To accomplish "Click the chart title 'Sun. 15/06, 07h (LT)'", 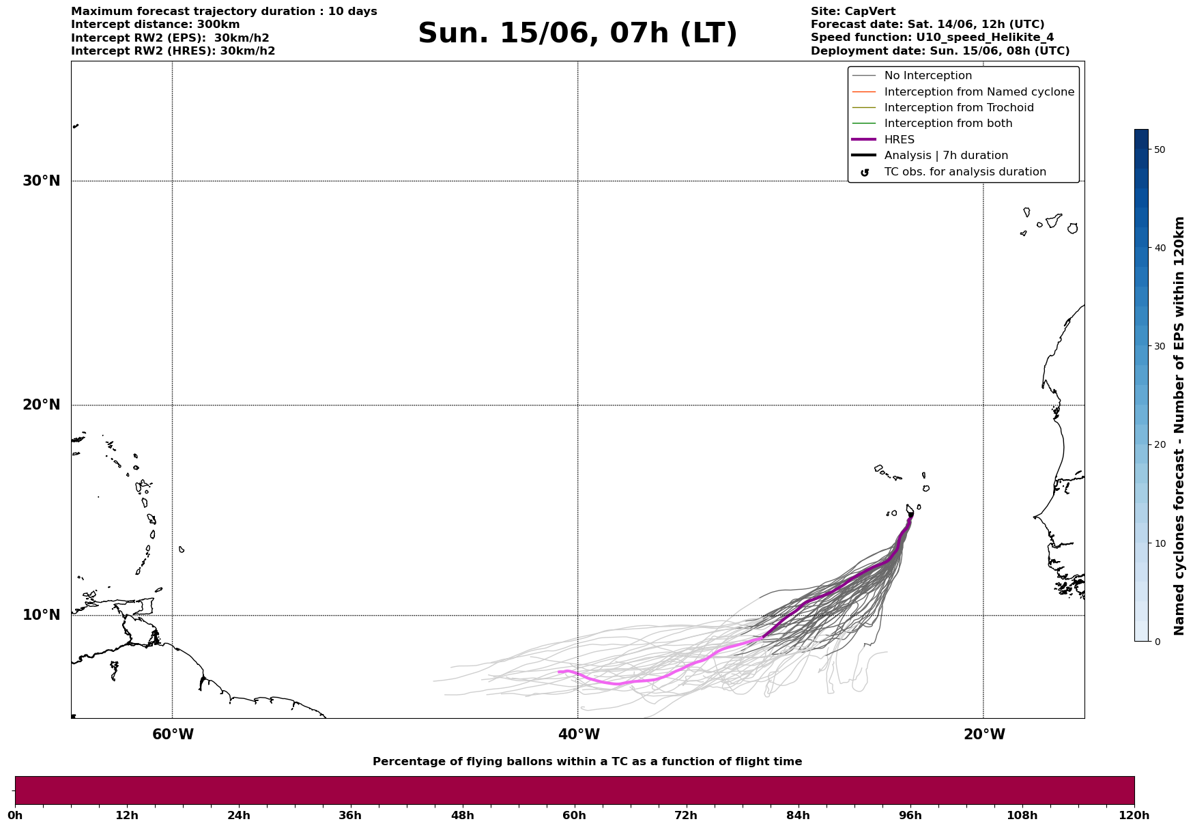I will tap(577, 33).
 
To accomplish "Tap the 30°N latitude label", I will tap(41, 181).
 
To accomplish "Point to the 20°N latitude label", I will tap(41, 405).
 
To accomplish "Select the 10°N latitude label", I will tap(41, 615).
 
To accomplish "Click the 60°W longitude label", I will tap(173, 734).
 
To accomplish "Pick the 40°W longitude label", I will tap(579, 734).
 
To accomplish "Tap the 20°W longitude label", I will tap(984, 734).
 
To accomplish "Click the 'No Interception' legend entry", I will tap(928, 76).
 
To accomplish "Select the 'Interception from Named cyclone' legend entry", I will tap(979, 92).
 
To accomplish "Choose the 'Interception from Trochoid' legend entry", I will tap(958, 108).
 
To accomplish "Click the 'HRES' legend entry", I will tap(899, 140).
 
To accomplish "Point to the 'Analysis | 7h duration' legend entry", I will tap(946, 156).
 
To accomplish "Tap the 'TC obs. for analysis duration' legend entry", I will tap(964, 172).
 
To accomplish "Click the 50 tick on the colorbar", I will tap(1159, 149).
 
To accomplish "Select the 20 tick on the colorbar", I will tap(1159, 445).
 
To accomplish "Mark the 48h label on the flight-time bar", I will tap(462, 816).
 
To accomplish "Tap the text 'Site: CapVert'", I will tap(852, 12).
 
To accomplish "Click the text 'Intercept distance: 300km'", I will tap(155, 25).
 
